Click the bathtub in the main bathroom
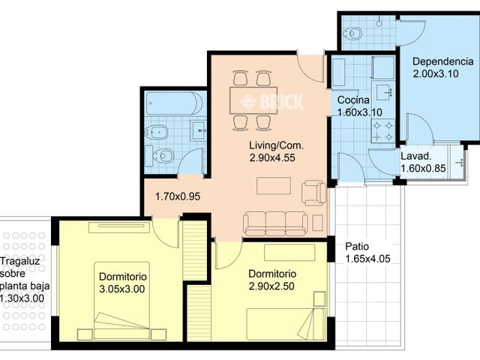[174, 103]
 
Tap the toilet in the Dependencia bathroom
[353, 33]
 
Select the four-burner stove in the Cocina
[382, 130]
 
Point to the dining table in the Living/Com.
[253, 100]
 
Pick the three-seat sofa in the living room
[275, 223]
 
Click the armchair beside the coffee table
[314, 193]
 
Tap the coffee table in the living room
[274, 186]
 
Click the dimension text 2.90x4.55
[272, 158]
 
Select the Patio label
[357, 247]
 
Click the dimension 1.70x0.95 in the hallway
[178, 196]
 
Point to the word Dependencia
[443, 61]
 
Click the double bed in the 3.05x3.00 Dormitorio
[121, 300]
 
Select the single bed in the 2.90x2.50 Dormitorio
[286, 324]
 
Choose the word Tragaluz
[20, 262]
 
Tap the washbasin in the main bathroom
[198, 130]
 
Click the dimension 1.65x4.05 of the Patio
[368, 259]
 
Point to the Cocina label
[353, 100]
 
